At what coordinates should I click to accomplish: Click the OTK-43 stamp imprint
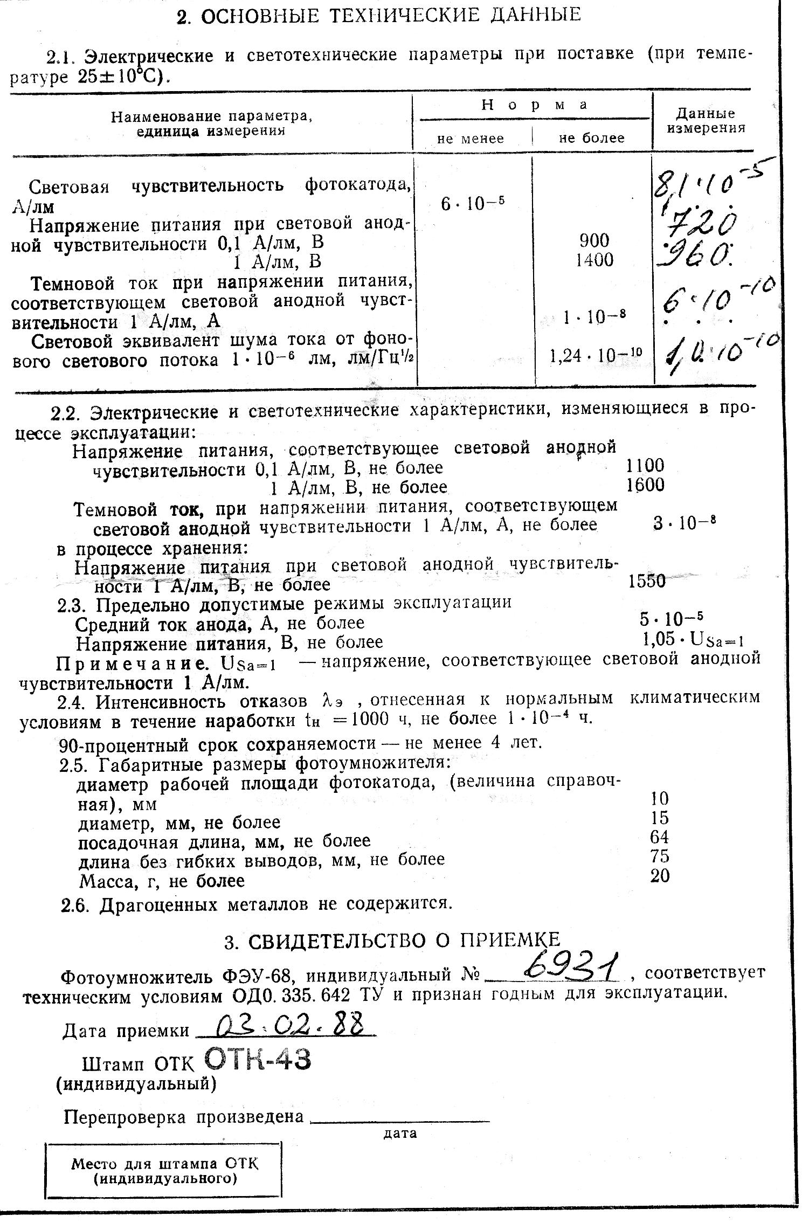[258, 1060]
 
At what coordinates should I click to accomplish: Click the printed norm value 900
[594, 240]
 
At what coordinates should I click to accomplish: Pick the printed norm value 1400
[594, 260]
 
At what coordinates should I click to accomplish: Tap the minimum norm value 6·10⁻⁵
[473, 204]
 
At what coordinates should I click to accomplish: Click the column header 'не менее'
[471, 139]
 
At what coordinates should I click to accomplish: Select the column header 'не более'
[592, 139]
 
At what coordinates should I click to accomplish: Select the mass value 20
[660, 876]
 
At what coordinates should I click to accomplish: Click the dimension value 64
[660, 837]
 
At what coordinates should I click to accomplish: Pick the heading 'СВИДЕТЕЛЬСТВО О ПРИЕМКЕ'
[392, 941]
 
